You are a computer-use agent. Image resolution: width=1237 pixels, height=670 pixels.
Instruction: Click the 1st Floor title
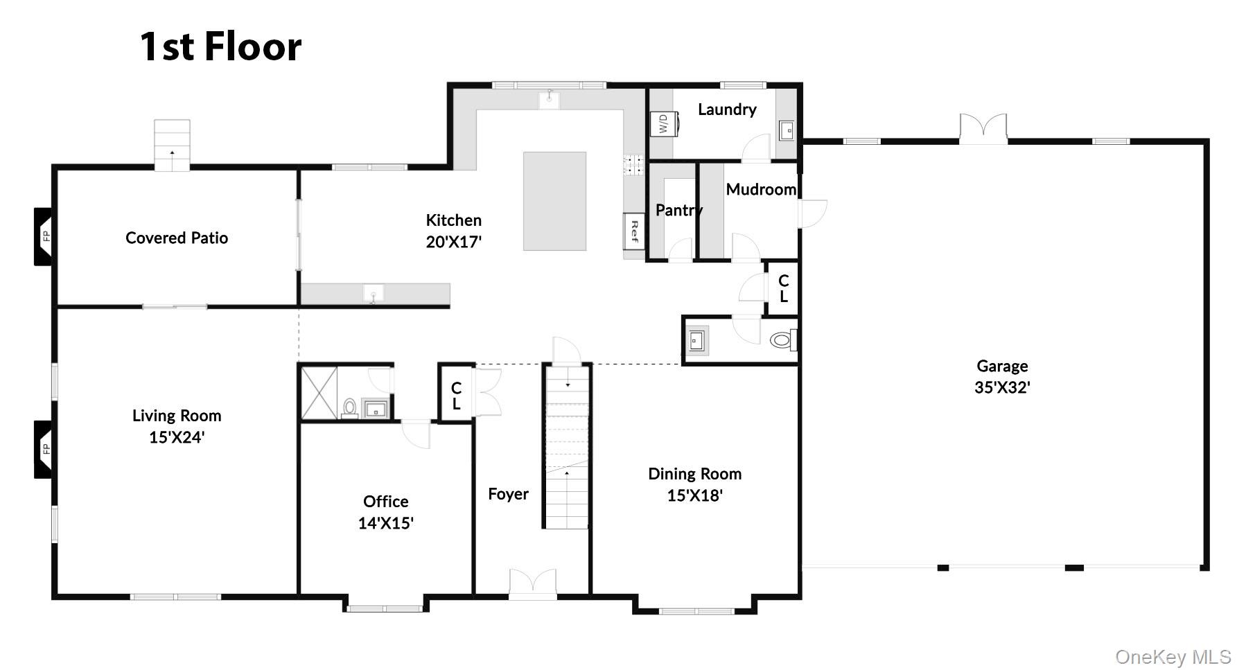point(220,47)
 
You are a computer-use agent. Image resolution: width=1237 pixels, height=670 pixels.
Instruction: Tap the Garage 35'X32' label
point(1001,376)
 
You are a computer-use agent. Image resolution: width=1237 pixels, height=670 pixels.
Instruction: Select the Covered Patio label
point(177,238)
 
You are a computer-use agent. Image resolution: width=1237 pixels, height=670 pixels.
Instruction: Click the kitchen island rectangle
point(554,201)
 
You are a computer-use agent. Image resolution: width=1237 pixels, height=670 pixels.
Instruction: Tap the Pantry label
point(678,210)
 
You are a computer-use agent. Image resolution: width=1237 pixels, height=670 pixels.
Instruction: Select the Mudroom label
point(761,189)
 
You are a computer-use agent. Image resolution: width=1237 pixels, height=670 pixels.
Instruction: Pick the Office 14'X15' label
point(385,511)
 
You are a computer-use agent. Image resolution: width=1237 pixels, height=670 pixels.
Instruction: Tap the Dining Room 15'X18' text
point(694,484)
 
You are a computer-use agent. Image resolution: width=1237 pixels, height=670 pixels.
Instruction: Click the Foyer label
point(508,494)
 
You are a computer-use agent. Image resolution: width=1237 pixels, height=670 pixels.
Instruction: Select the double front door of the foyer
point(532,583)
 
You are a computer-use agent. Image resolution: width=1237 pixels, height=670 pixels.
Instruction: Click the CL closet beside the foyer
point(456,396)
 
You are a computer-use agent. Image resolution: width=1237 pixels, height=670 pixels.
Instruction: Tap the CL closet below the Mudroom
point(783,288)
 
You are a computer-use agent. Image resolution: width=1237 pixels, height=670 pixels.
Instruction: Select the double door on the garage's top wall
point(983,129)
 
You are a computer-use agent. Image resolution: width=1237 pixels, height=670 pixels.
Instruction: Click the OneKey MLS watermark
point(1173,656)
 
